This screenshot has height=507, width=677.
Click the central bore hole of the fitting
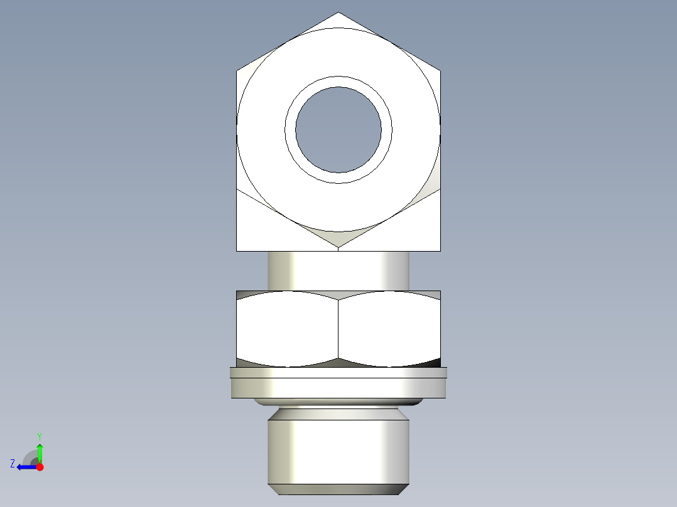point(338,130)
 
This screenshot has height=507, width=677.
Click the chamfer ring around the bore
point(338,82)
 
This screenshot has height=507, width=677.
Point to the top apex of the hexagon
point(338,13)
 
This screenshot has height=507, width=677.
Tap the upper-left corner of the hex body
point(237,70)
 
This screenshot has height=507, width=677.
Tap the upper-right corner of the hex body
point(440,70)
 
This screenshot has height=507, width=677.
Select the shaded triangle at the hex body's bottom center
point(338,238)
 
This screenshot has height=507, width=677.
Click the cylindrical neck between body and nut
point(338,270)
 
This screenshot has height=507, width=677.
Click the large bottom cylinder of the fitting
point(338,452)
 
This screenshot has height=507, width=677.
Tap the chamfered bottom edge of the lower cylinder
point(338,489)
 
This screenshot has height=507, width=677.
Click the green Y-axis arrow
point(40,451)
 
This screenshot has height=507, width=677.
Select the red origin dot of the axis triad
point(40,467)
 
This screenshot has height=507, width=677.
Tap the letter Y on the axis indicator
point(40,435)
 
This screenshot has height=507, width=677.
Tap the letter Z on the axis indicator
point(13,464)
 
